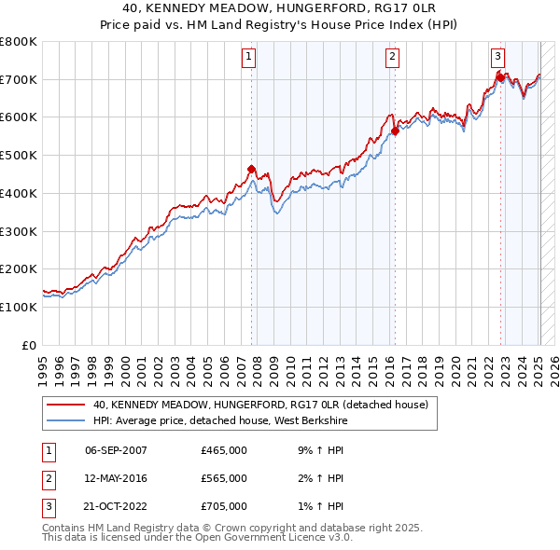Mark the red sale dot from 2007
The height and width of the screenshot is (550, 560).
251,169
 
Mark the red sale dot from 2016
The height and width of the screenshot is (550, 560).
395,131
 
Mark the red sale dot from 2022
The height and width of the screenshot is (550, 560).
501,77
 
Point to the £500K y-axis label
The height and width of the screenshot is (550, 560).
19,155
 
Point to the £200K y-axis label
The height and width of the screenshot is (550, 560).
19,268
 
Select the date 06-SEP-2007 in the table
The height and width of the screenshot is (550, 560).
116,450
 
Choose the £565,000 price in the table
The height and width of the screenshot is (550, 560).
224,478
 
